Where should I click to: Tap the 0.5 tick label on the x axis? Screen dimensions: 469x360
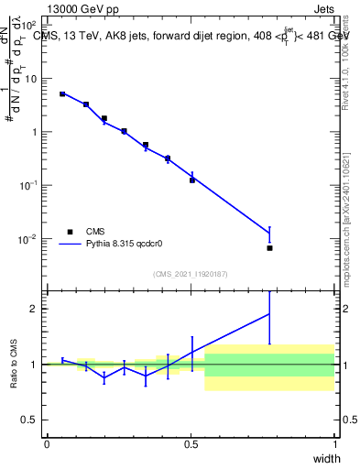[x=191, y=445]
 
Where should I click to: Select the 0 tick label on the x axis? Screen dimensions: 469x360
[x=47, y=445]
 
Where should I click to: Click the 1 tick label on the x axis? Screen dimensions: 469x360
[x=334, y=445]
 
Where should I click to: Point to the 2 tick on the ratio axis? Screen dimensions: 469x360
[x=36, y=309]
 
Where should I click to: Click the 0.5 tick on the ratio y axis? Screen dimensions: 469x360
[x=32, y=420]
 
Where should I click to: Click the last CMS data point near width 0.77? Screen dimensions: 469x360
[x=269, y=248]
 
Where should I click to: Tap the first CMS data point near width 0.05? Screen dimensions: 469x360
[x=62, y=93]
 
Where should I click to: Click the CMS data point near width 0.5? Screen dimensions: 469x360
[x=192, y=180]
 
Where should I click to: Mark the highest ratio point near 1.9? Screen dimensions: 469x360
[x=269, y=314]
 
